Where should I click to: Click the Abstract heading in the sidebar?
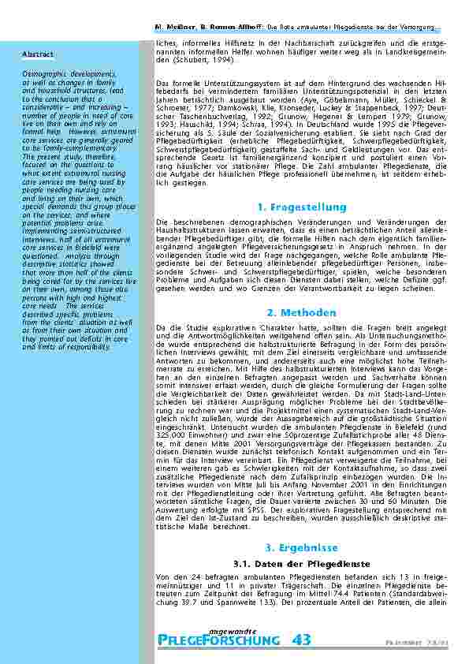click(x=38, y=54)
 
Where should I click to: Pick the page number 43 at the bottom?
click(x=301, y=641)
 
